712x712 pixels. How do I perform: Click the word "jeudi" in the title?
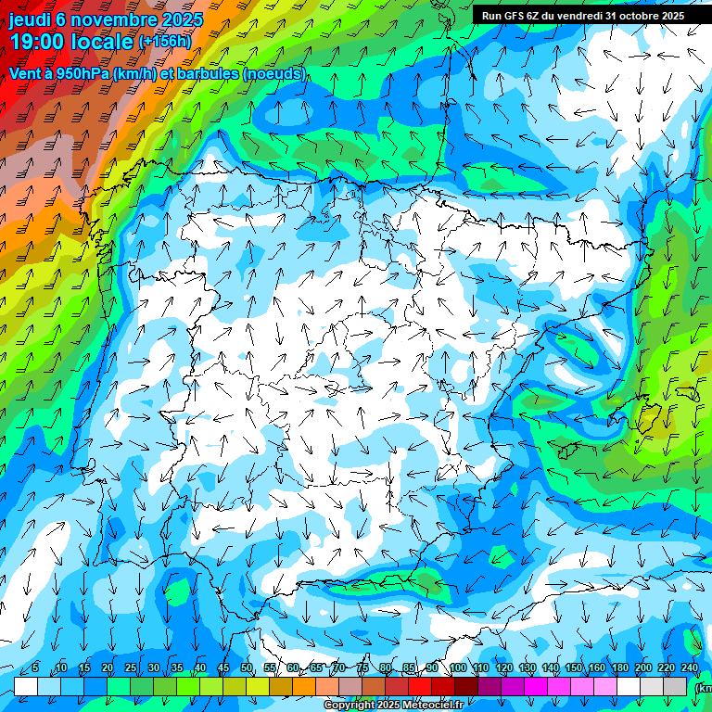[x=30, y=19]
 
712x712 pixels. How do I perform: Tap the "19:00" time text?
[x=37, y=42]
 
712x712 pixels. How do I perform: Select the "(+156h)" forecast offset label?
[x=165, y=42]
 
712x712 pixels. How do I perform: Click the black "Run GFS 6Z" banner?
[x=582, y=15]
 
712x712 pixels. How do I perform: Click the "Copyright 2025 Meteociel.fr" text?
[x=394, y=706]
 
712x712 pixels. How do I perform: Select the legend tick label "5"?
[x=35, y=668]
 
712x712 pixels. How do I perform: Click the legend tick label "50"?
[x=247, y=668]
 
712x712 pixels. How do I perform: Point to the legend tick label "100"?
[x=458, y=668]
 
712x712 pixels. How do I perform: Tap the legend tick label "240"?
[x=689, y=668]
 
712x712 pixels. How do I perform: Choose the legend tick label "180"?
[x=619, y=668]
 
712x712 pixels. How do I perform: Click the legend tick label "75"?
[x=362, y=668]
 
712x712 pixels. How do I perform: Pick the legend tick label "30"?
[x=153, y=668]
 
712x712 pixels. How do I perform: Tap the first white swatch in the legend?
[x=26, y=686]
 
